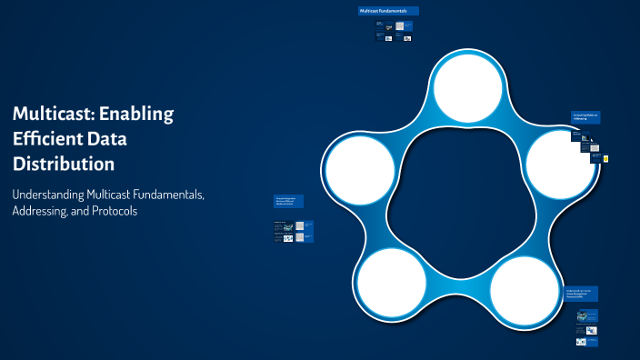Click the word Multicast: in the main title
click(x=53, y=114)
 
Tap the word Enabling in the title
click(x=135, y=114)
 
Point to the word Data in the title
click(x=129, y=139)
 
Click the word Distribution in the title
click(x=64, y=165)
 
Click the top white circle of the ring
click(x=466, y=85)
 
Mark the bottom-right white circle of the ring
click(x=525, y=292)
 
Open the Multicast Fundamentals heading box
click(x=388, y=11)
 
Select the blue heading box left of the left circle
click(x=289, y=201)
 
